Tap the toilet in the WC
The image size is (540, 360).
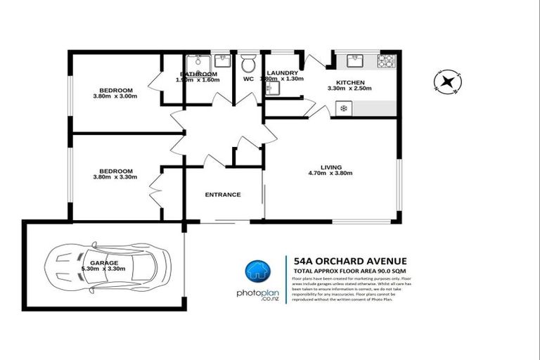tap(247, 65)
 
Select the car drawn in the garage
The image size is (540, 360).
tap(107, 264)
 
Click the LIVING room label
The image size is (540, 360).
tap(330, 166)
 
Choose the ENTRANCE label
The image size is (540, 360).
tap(222, 195)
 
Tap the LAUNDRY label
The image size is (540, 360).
tap(283, 72)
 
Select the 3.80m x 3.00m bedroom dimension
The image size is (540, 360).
tap(115, 96)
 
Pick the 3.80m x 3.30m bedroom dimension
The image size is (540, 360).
tap(115, 177)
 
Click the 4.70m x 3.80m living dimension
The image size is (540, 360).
tap(331, 173)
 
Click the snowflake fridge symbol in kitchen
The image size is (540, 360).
tap(343, 108)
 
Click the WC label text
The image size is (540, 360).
tap(247, 79)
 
